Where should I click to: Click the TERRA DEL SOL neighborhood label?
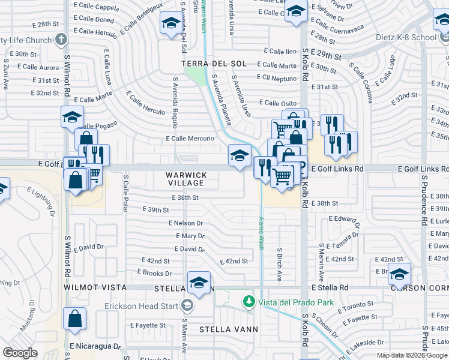(215, 64)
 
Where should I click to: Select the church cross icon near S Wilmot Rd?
(60, 40)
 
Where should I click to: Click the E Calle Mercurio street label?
(190, 139)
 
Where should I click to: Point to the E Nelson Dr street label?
(185, 223)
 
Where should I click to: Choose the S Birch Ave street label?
(280, 264)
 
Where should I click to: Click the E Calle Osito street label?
(277, 103)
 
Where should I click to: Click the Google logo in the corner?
(20, 352)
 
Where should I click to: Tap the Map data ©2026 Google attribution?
(412, 355)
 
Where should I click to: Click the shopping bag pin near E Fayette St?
(74, 319)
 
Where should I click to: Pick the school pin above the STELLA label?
(199, 281)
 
